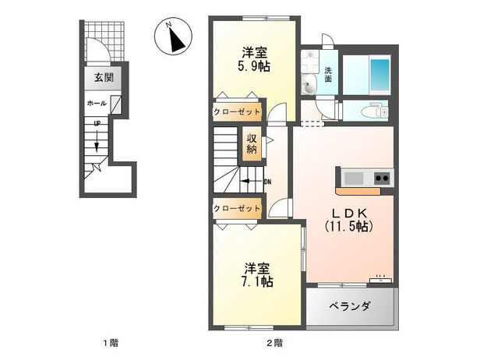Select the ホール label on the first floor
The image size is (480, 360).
(x=97, y=102)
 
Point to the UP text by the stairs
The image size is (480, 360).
(x=97, y=124)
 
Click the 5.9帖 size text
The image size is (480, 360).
(x=254, y=67)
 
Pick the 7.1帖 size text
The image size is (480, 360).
(x=256, y=279)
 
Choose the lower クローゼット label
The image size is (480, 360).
(x=237, y=208)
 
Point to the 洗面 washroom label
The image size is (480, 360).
(x=329, y=74)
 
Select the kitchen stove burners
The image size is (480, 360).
(x=383, y=178)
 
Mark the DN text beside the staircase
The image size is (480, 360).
(x=267, y=182)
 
